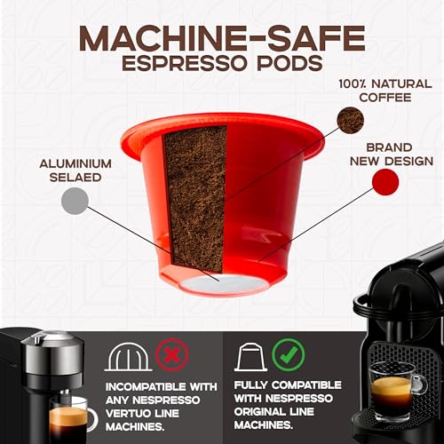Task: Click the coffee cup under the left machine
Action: click(71, 417)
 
